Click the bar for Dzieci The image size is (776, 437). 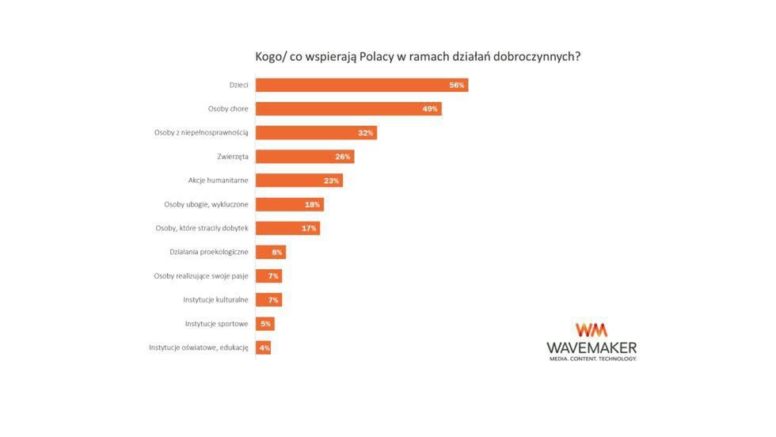pos(361,85)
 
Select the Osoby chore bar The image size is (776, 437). pos(348,108)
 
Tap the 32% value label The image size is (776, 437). pos(365,133)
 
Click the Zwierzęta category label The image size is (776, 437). pos(233,157)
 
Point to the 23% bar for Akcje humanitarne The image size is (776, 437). pos(299,180)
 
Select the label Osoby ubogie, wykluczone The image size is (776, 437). pos(206,204)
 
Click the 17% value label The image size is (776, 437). pos(309,228)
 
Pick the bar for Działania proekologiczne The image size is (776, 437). pos(270,252)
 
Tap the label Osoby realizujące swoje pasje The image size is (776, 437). pos(201,275)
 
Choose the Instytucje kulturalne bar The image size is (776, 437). pos(268,299)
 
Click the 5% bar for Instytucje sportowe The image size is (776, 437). pos(264,324)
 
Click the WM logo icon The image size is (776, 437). pos(592,330)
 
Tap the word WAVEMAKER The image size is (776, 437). pos(592,348)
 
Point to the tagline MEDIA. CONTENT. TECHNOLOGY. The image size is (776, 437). pos(592,359)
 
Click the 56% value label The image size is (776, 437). pos(456,85)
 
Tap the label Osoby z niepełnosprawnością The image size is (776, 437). pos(201,133)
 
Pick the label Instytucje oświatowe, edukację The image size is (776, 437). pos(199,348)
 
